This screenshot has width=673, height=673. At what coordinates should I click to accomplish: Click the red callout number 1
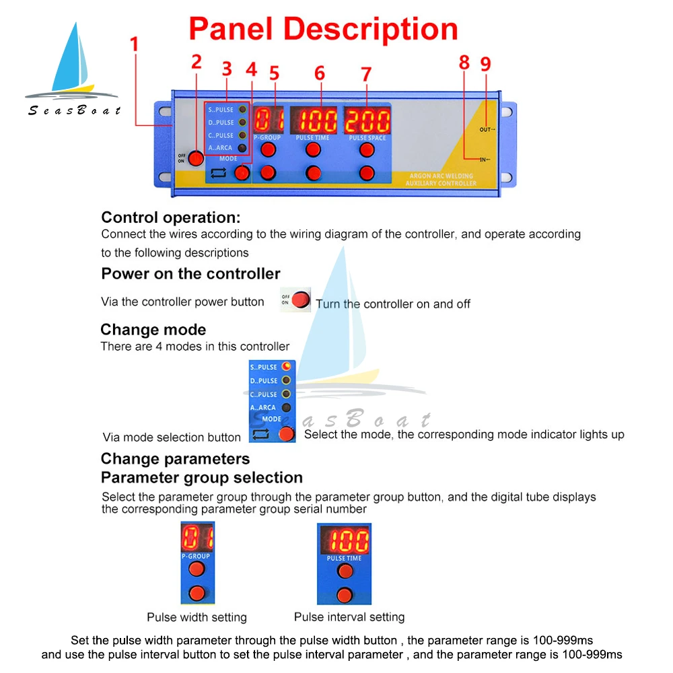pyautogui.click(x=134, y=44)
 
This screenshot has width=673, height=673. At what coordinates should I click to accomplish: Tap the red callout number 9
pyautogui.click(x=485, y=64)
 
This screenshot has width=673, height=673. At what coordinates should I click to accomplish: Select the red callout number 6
pyautogui.click(x=319, y=73)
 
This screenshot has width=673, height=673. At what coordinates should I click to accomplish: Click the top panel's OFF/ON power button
pyautogui.click(x=195, y=158)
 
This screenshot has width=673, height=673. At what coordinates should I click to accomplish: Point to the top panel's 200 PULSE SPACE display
pyautogui.click(x=366, y=120)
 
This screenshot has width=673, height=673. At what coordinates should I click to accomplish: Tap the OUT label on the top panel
pyautogui.click(x=487, y=129)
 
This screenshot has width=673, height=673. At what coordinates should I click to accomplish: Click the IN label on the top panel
pyautogui.click(x=484, y=160)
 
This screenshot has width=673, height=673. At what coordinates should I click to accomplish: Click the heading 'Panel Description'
pyautogui.click(x=323, y=29)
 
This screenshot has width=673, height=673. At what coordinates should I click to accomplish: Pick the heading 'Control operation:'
pyautogui.click(x=170, y=217)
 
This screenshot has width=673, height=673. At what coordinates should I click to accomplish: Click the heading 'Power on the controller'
pyautogui.click(x=190, y=273)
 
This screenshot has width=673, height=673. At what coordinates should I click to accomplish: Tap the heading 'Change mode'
pyautogui.click(x=153, y=330)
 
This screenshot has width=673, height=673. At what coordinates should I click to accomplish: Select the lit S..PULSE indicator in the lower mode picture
pyautogui.click(x=286, y=367)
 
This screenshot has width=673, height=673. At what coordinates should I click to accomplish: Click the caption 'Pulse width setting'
pyautogui.click(x=197, y=617)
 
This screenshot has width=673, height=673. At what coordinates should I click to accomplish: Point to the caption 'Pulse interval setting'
pyautogui.click(x=349, y=617)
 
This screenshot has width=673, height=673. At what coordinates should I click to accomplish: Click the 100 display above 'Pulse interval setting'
pyautogui.click(x=345, y=540)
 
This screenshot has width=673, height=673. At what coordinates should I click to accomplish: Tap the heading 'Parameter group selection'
pyautogui.click(x=201, y=478)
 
